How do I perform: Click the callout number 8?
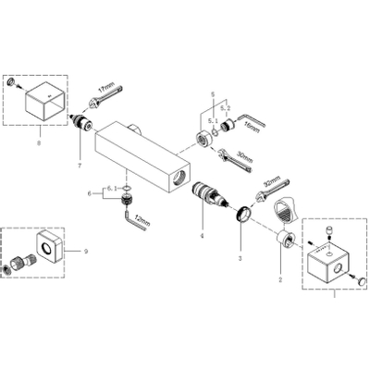coord(38,142)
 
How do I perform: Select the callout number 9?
coord(86,251)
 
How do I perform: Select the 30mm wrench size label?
coord(246,156)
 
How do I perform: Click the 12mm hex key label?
coord(142,220)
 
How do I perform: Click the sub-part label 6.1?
coord(111,189)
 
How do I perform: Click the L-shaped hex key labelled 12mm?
coord(126,218)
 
